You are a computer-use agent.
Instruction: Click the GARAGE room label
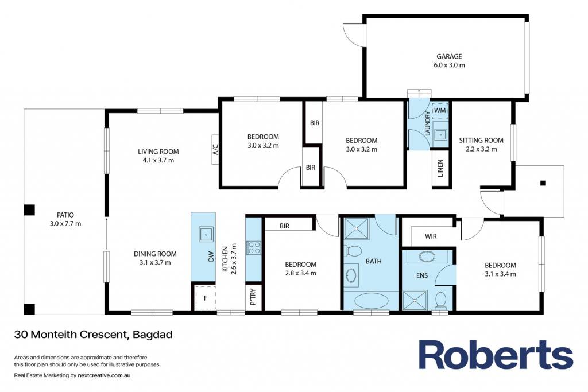449,57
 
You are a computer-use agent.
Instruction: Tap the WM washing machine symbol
440,111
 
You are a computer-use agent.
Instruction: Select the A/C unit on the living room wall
215,149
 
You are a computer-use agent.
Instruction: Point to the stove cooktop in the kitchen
253,248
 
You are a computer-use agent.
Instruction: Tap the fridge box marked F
205,298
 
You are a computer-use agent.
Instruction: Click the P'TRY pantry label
253,297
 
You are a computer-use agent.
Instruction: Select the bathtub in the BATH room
372,301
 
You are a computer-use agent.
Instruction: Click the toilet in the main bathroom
353,251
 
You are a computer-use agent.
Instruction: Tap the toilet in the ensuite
440,300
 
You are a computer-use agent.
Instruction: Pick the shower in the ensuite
415,300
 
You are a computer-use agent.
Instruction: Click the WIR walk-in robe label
431,236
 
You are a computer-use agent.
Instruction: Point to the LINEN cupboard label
440,168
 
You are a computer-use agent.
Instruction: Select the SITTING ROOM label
481,141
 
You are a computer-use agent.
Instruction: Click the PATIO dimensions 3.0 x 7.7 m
65,224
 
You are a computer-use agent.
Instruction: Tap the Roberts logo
496,355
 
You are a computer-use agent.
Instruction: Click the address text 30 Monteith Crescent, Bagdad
94,334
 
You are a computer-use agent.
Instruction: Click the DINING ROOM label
155,254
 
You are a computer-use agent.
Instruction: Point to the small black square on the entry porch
543,183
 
